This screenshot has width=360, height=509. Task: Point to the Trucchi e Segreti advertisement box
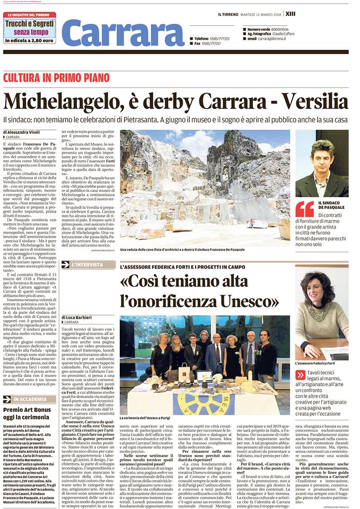(29, 29)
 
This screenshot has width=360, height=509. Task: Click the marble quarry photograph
(205, 187)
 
